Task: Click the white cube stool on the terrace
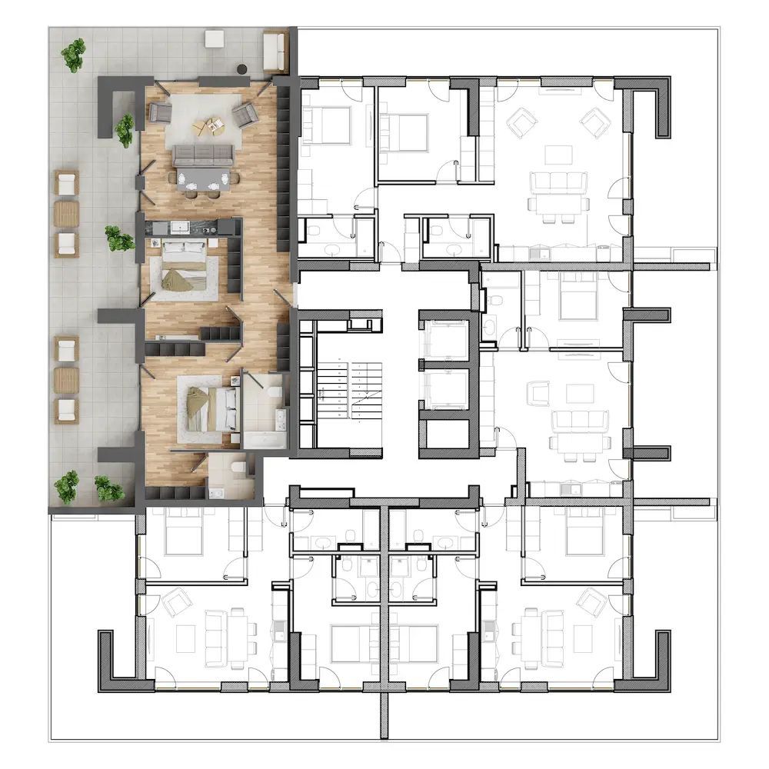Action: click(x=215, y=38)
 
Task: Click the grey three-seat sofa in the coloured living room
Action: click(x=203, y=155)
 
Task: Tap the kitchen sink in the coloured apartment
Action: click(x=181, y=226)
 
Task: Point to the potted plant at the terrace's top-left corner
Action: click(x=74, y=55)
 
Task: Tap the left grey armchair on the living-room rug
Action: click(x=161, y=113)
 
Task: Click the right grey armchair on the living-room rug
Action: click(x=245, y=115)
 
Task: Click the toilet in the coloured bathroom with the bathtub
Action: click(x=272, y=391)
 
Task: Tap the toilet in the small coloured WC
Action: click(x=238, y=467)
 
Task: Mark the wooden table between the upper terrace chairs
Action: click(x=67, y=214)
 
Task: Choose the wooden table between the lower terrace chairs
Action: click(x=67, y=380)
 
